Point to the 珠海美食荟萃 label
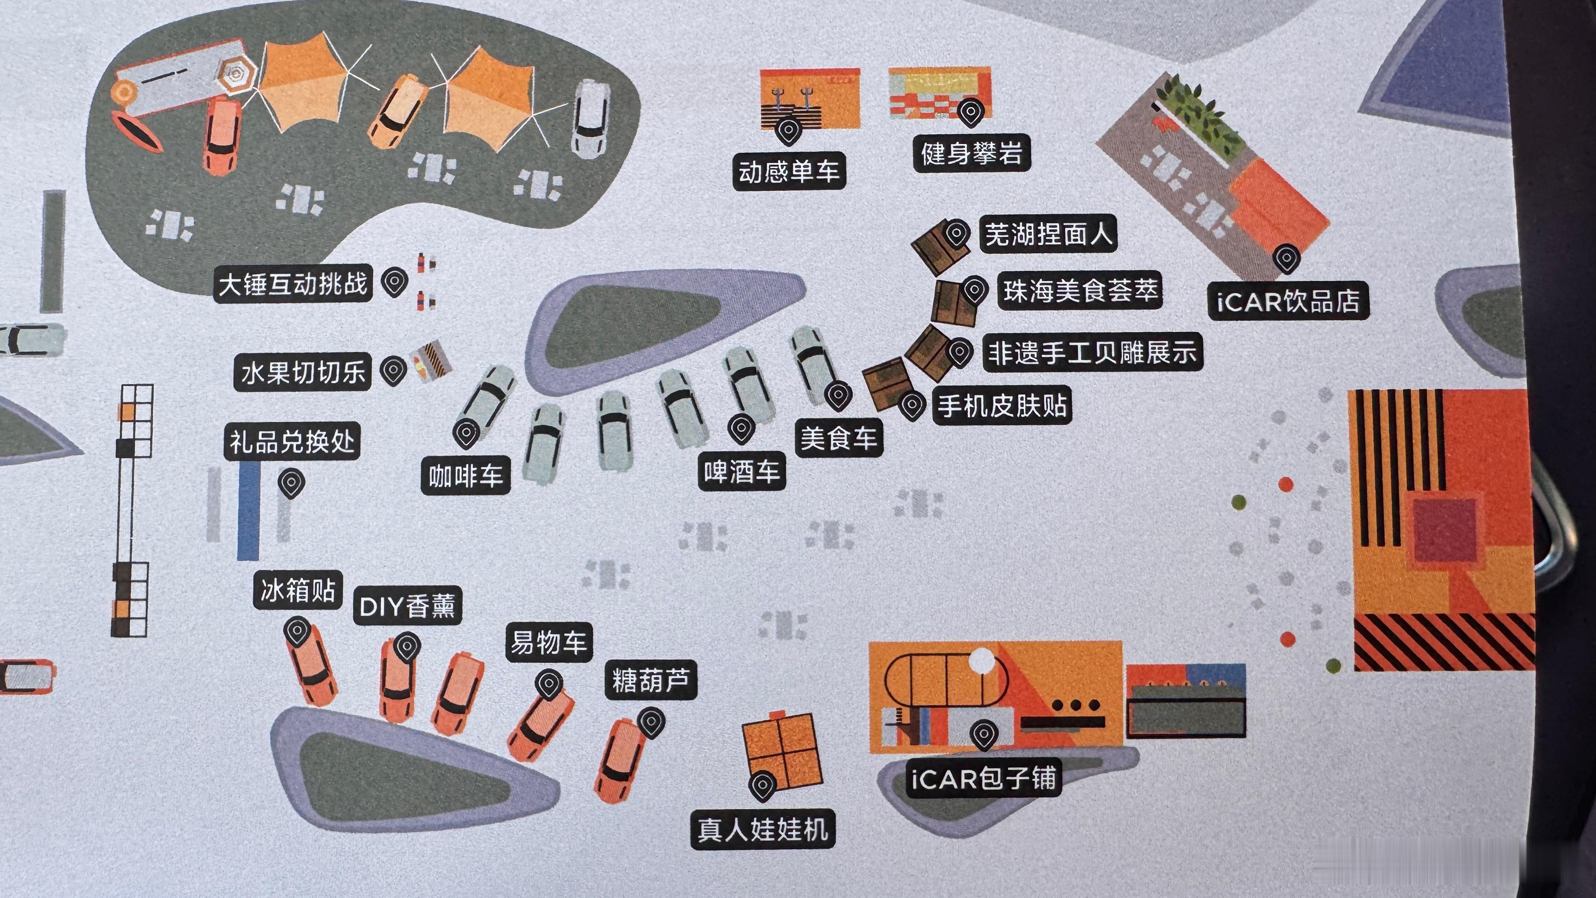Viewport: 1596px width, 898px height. click(x=1080, y=291)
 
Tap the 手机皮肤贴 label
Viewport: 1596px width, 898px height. click(x=1002, y=406)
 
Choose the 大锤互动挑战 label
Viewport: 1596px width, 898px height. click(x=293, y=284)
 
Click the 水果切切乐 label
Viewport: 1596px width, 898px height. click(x=302, y=373)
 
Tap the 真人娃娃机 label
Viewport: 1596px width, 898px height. click(x=763, y=829)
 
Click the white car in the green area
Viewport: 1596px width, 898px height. click(x=591, y=118)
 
